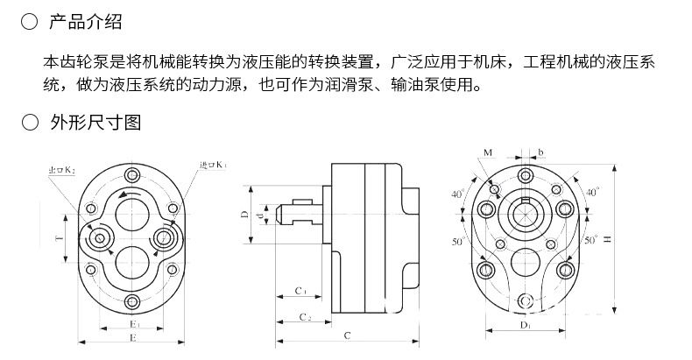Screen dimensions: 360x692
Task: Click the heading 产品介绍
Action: [x=86, y=22]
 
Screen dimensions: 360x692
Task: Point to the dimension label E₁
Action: [x=132, y=323]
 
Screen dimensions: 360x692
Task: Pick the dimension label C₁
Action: [x=300, y=290]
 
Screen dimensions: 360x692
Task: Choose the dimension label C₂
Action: [x=305, y=315]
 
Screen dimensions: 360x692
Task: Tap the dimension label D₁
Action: [x=525, y=326]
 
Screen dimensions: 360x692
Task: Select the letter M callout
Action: [x=487, y=152]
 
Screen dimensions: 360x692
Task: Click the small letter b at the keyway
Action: [x=541, y=152]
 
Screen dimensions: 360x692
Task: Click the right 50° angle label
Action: [x=590, y=238]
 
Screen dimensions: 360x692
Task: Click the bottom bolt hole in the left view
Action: [x=132, y=303]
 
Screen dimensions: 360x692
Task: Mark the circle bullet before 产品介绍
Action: [x=29, y=22]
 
